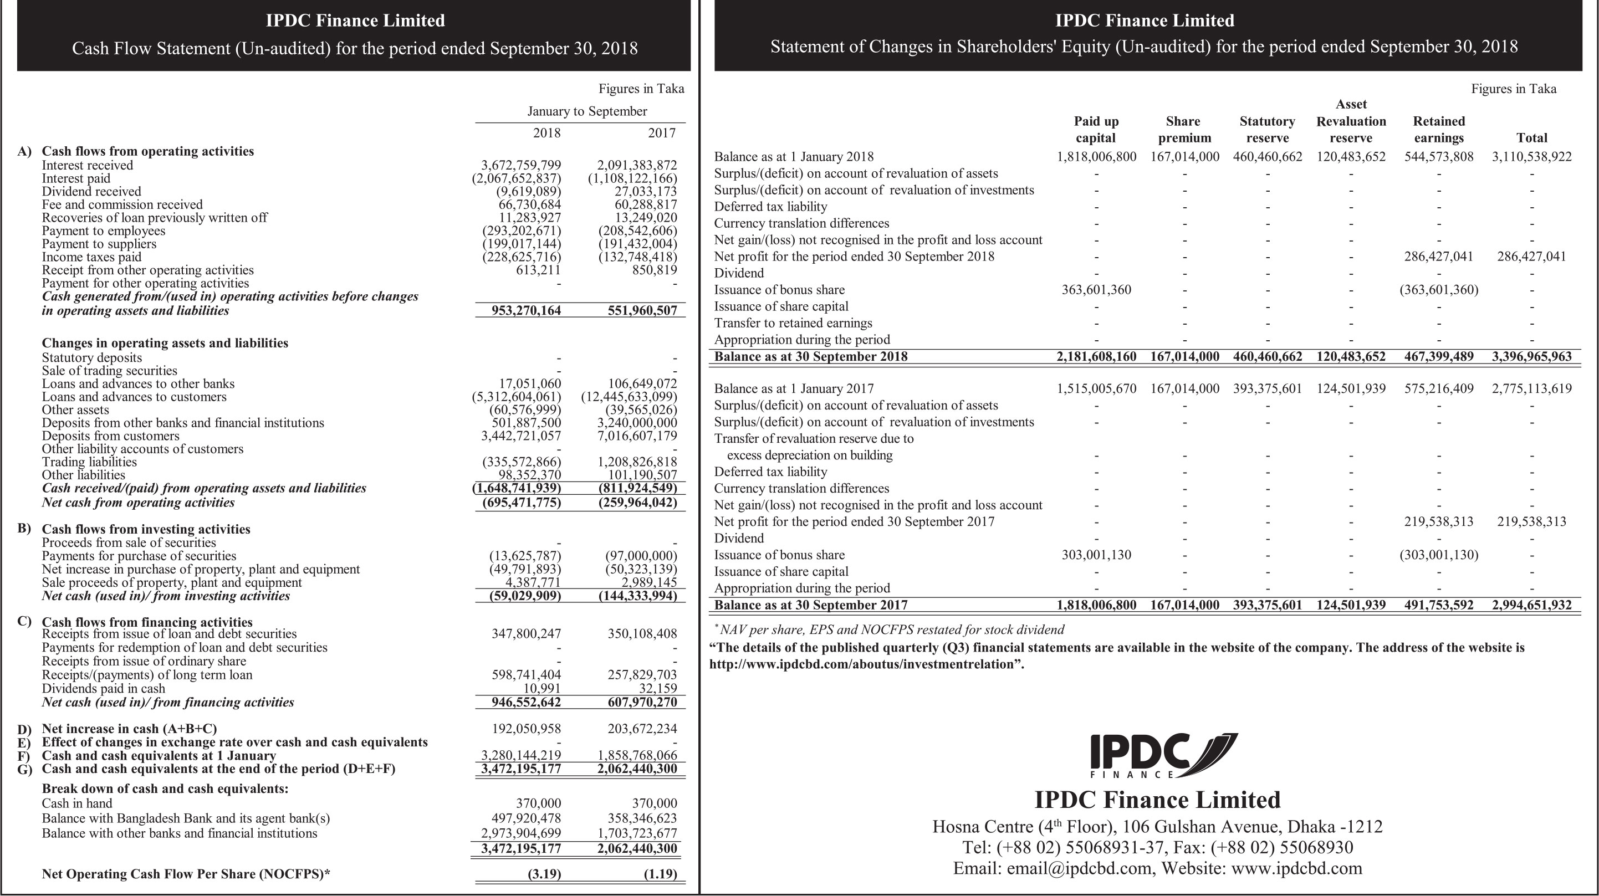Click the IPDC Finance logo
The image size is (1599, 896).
pyautogui.click(x=1163, y=756)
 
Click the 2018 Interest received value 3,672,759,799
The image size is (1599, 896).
pyautogui.click(x=521, y=165)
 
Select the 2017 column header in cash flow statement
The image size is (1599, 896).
pyautogui.click(x=662, y=132)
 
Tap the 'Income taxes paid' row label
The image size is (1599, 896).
pyautogui.click(x=91, y=257)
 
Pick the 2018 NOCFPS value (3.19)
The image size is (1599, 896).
pyautogui.click(x=544, y=874)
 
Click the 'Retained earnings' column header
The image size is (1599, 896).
pyautogui.click(x=1438, y=129)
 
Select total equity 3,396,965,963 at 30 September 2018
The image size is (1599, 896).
pyautogui.click(x=1531, y=357)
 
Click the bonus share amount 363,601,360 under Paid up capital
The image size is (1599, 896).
pyautogui.click(x=1096, y=290)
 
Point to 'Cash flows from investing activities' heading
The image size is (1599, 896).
pyautogui.click(x=146, y=529)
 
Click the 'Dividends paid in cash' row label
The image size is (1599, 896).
pyautogui.click(x=103, y=688)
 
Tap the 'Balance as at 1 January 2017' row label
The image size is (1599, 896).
pyautogui.click(x=793, y=389)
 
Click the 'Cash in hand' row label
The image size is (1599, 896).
pyautogui.click(x=77, y=803)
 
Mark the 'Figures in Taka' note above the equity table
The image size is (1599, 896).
pyautogui.click(x=1513, y=89)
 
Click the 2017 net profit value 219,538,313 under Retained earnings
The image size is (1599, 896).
pyautogui.click(x=1438, y=522)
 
